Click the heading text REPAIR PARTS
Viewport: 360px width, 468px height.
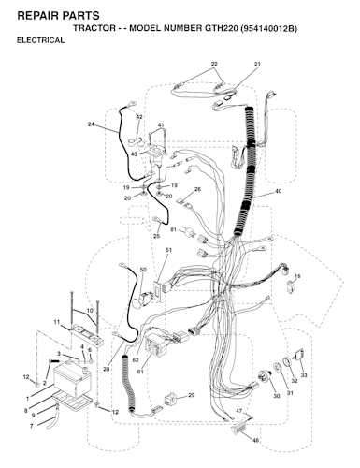pyautogui.click(x=58, y=15)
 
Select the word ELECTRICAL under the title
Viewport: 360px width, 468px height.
pyautogui.click(x=40, y=40)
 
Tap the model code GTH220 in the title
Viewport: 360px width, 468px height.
pyautogui.click(x=222, y=28)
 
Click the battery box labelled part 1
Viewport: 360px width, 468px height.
pyautogui.click(x=71, y=381)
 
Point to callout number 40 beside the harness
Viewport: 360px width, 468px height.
pyautogui.click(x=278, y=191)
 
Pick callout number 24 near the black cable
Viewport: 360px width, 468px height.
pyautogui.click(x=91, y=124)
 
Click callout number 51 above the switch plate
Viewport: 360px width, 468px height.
pyautogui.click(x=169, y=250)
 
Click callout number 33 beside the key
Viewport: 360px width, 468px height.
pyautogui.click(x=303, y=375)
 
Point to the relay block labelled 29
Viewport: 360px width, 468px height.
pyautogui.click(x=170, y=400)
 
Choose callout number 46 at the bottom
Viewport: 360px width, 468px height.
pyautogui.click(x=255, y=440)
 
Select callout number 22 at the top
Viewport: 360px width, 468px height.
pyautogui.click(x=214, y=64)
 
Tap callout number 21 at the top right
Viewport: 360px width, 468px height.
pyautogui.click(x=257, y=64)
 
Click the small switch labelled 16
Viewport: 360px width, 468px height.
pyautogui.click(x=290, y=286)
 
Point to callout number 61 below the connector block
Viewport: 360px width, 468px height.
pyautogui.click(x=140, y=372)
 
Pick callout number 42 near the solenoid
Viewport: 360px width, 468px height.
pyautogui.click(x=139, y=117)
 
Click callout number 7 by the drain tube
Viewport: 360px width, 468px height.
pyautogui.click(x=31, y=426)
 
